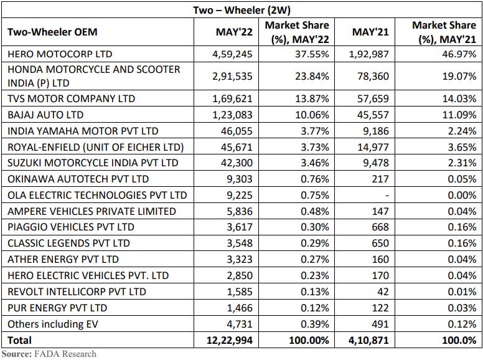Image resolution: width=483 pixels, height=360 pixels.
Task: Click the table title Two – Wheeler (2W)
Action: click(242, 9)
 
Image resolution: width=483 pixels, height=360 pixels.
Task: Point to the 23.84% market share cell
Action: click(311, 77)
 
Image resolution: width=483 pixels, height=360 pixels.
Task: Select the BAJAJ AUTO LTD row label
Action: click(45, 115)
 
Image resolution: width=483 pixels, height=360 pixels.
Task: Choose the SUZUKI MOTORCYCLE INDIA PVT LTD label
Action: click(93, 163)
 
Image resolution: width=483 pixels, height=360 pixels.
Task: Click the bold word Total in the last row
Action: click(19, 341)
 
